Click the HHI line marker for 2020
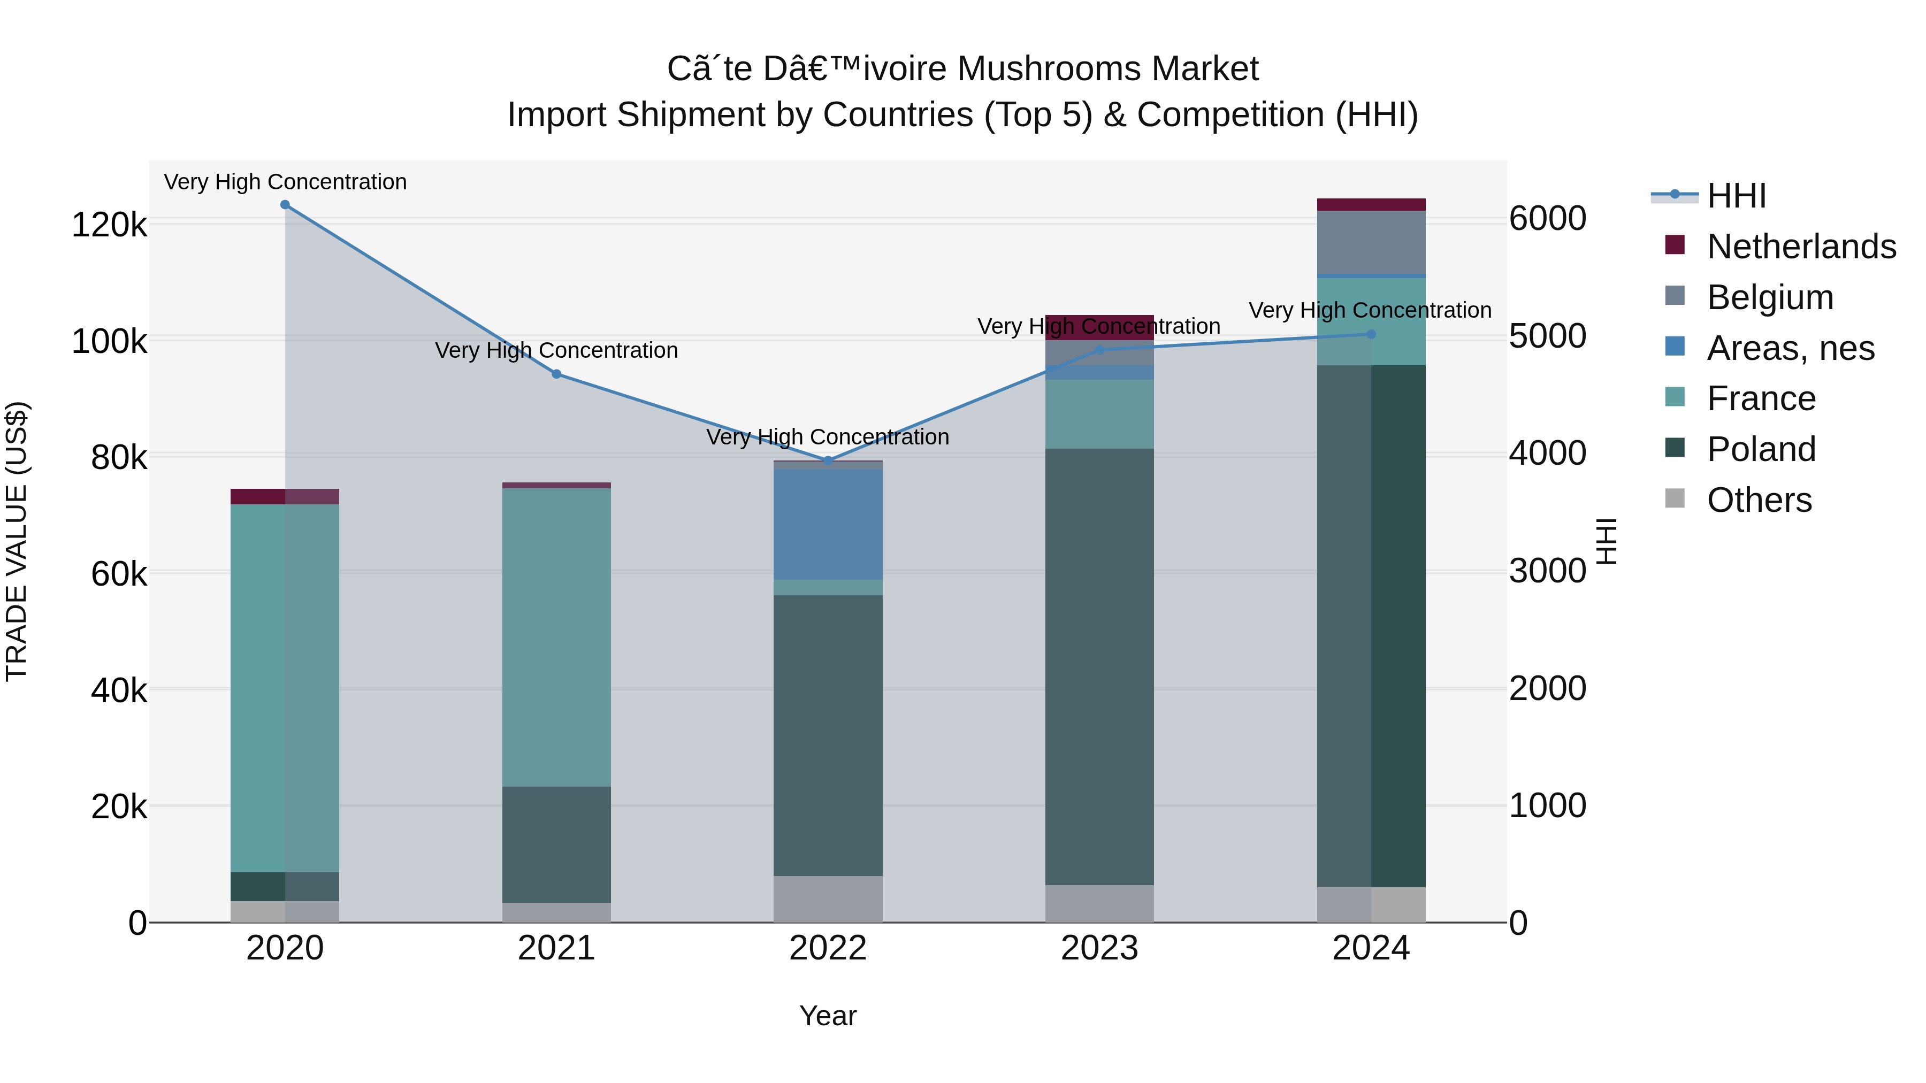coord(285,205)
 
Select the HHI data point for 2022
coord(828,460)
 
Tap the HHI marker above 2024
coord(1371,334)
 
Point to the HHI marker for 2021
coord(556,374)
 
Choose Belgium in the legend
coord(1769,297)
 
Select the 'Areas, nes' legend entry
coord(1790,348)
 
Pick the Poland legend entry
coord(1761,449)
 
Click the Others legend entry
coord(1759,500)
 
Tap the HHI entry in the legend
coord(1736,196)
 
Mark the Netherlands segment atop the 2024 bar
coord(1371,205)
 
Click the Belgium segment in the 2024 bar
coord(1371,242)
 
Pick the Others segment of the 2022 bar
coord(828,898)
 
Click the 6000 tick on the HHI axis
coord(1547,218)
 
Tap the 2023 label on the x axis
coord(1099,948)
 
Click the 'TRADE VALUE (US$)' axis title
coord(17,541)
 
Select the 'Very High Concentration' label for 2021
coord(556,350)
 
